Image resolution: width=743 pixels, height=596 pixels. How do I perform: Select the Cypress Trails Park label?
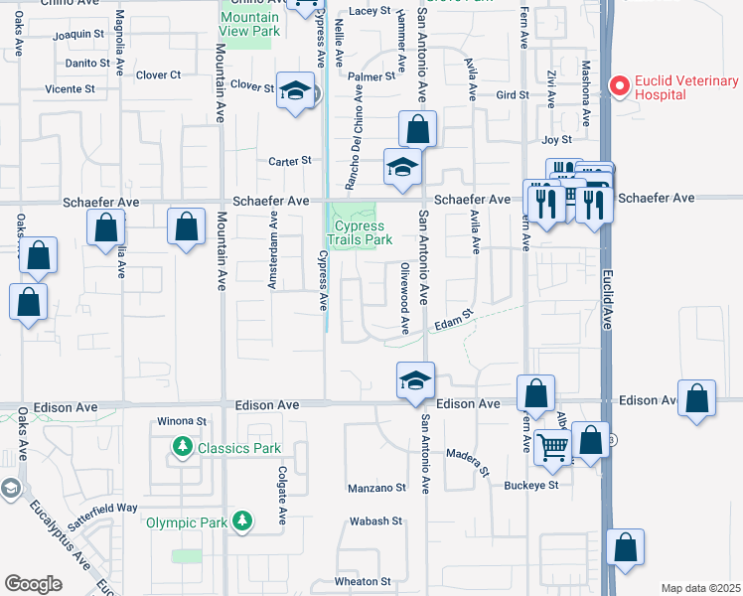(x=361, y=232)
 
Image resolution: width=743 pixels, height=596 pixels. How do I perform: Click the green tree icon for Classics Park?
(x=183, y=448)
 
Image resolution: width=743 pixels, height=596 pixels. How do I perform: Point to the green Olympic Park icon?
(x=241, y=521)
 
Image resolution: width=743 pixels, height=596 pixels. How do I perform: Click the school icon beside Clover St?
(x=295, y=93)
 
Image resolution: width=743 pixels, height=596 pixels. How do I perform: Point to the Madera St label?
(x=467, y=461)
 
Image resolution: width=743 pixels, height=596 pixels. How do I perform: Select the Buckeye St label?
(x=532, y=486)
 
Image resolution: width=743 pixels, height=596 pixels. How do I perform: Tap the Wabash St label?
(x=374, y=521)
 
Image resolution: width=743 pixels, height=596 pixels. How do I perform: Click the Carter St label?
(x=290, y=161)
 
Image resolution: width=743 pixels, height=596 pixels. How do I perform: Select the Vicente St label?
(x=70, y=88)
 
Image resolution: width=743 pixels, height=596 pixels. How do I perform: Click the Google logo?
(x=33, y=584)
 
